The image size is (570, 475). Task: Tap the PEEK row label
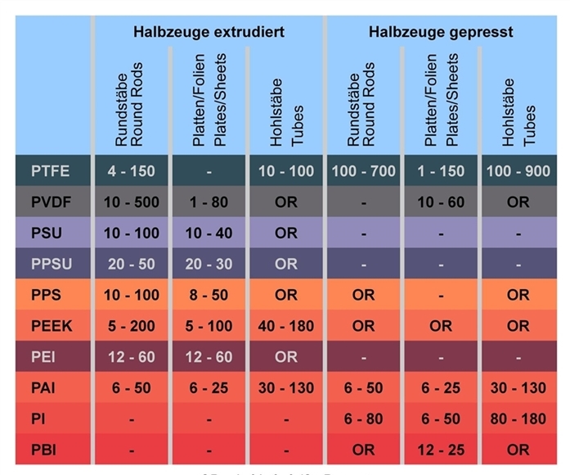point(50,326)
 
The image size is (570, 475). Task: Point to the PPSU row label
point(50,264)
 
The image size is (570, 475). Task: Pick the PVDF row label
point(50,201)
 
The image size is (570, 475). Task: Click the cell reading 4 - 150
point(131,172)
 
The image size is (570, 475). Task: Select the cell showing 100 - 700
point(364,172)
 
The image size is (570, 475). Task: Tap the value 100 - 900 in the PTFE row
point(518,172)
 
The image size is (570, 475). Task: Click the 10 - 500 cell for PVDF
point(131,201)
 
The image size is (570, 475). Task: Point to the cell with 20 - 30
point(209,264)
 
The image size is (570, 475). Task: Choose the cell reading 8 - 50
point(209,295)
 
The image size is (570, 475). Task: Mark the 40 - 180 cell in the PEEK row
point(285,326)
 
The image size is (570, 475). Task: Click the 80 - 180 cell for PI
point(518,418)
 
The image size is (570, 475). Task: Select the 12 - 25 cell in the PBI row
point(441,449)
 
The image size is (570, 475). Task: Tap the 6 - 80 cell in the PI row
point(364,418)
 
